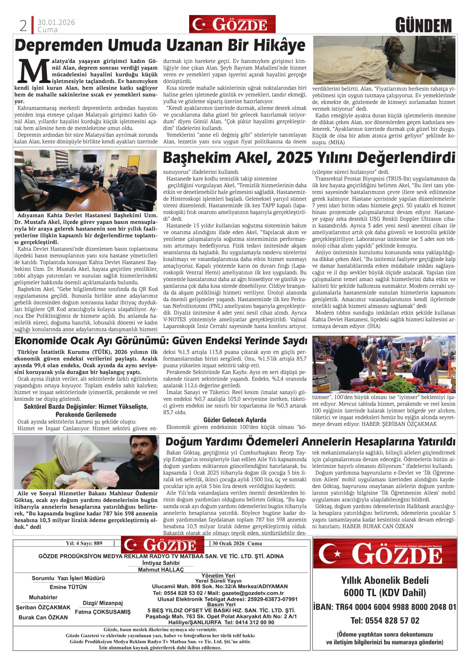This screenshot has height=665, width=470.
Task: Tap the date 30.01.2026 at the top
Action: [x=56, y=22]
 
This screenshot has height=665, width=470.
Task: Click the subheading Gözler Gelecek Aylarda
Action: [x=235, y=420]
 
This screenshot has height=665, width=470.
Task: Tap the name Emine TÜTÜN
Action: [x=68, y=587]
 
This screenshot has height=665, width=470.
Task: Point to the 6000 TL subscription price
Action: [x=385, y=593]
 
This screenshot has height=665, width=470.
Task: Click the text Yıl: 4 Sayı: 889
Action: [x=84, y=543]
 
